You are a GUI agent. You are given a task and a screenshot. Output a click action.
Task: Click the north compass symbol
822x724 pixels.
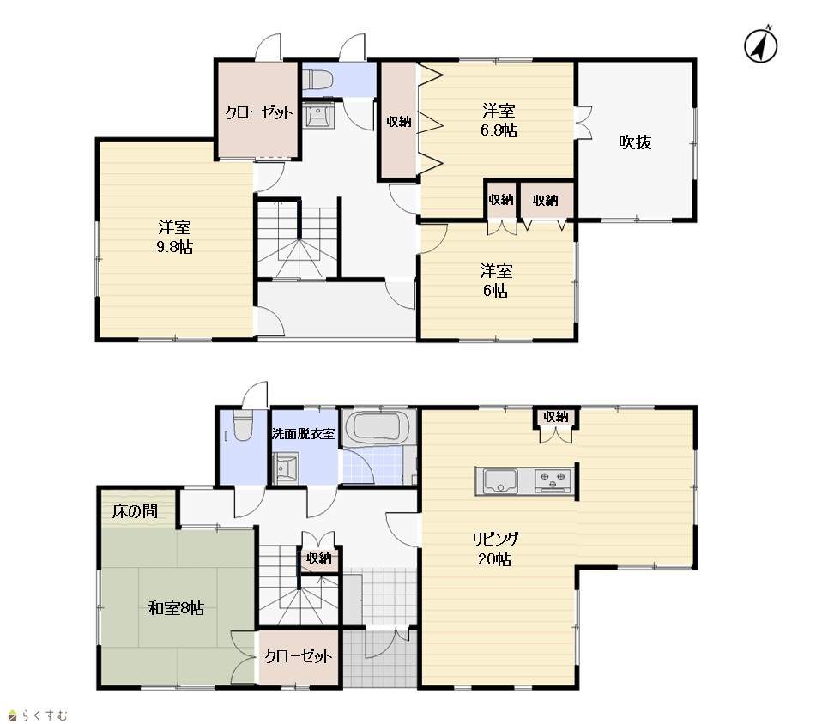[x=761, y=45]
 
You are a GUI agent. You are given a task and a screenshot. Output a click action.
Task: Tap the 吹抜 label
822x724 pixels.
[x=635, y=142]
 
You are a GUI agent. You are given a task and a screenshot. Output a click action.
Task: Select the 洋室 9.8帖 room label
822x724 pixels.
[x=174, y=237]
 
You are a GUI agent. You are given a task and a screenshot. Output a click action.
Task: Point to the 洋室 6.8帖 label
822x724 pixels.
[x=499, y=120]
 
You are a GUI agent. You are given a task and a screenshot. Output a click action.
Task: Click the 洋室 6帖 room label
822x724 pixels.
[x=496, y=281]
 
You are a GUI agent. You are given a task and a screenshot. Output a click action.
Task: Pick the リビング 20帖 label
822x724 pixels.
[x=495, y=548]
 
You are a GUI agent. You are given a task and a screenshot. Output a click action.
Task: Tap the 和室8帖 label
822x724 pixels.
[x=176, y=608]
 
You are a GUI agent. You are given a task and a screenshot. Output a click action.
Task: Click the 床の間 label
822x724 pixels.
[x=135, y=511]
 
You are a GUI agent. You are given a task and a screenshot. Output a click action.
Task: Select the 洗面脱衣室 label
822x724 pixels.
[x=303, y=433]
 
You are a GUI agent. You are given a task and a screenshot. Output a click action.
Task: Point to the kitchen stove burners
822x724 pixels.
[x=553, y=480]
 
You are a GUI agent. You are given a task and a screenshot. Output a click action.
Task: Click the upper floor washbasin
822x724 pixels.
[x=317, y=114]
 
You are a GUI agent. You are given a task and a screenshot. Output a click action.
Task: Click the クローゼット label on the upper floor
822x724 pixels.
[x=259, y=112]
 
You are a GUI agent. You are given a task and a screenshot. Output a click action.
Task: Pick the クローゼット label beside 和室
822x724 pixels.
[x=299, y=656]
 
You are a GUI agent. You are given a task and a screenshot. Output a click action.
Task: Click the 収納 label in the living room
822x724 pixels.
[x=556, y=417]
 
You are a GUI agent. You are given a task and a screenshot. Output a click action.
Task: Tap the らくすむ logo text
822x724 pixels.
[x=44, y=715]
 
